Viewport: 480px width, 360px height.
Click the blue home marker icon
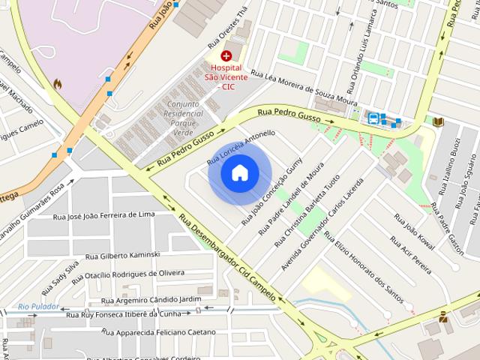[x=239, y=172]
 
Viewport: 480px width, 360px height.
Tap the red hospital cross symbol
[x=226, y=55]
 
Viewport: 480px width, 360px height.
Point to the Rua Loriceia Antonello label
[x=241, y=146]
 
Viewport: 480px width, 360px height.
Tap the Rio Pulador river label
[x=39, y=306]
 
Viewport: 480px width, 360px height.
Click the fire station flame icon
[x=57, y=85]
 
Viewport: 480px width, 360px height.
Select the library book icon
[x=439, y=121]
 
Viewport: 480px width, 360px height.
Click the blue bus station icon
[x=373, y=118]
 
